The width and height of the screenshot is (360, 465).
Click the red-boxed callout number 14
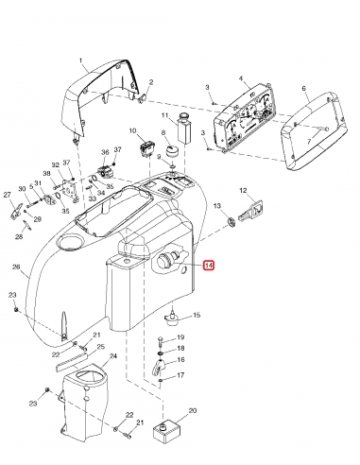pyautogui.click(x=209, y=267)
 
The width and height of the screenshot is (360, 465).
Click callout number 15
pyautogui.click(x=197, y=315)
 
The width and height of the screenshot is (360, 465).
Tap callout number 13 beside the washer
pyautogui.click(x=216, y=206)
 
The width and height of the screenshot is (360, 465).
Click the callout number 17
pyautogui.click(x=181, y=375)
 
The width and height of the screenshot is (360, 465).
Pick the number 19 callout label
pyautogui.click(x=181, y=337)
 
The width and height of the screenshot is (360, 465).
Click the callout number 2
pyautogui.click(x=150, y=83)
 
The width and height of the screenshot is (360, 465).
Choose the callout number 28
pyautogui.click(x=19, y=237)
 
